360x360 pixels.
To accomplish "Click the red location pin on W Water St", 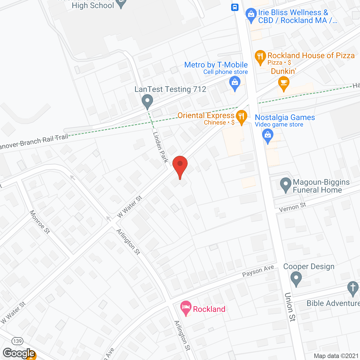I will tap(180, 165).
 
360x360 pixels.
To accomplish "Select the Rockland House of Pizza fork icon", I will tap(260, 57).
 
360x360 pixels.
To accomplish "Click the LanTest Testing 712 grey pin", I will tap(147, 101).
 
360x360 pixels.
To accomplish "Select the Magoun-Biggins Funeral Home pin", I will tap(286, 185).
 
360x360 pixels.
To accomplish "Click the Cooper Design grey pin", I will tap(296, 279).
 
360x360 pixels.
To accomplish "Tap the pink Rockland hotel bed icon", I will tap(186, 307).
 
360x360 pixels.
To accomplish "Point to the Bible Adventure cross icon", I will tap(353, 288).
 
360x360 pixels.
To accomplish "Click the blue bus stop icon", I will tap(235, 7).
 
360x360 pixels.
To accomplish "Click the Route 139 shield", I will tap(17, 341).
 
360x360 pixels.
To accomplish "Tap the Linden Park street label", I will tap(160, 147).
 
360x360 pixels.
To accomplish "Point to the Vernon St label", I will tap(292, 207).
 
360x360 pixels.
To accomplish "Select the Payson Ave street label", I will tap(258, 271).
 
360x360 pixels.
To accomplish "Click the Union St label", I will tap(290, 307).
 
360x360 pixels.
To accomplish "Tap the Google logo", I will tap(19, 353).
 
